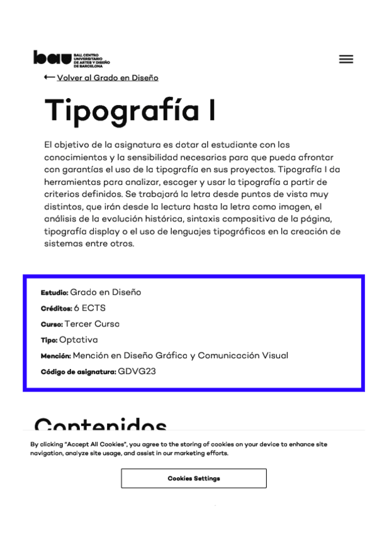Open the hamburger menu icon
[346, 59]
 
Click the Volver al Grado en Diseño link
[108, 78]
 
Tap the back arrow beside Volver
[49, 77]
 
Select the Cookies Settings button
[193, 478]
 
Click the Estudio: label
[54, 293]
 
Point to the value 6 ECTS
[89, 308]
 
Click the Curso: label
[52, 324]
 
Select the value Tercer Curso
[92, 324]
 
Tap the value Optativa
[79, 339]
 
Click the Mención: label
[55, 356]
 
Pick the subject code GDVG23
[137, 371]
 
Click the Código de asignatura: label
[78, 372]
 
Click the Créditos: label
[56, 309]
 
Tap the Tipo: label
[49, 340]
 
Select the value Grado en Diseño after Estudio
[105, 292]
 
